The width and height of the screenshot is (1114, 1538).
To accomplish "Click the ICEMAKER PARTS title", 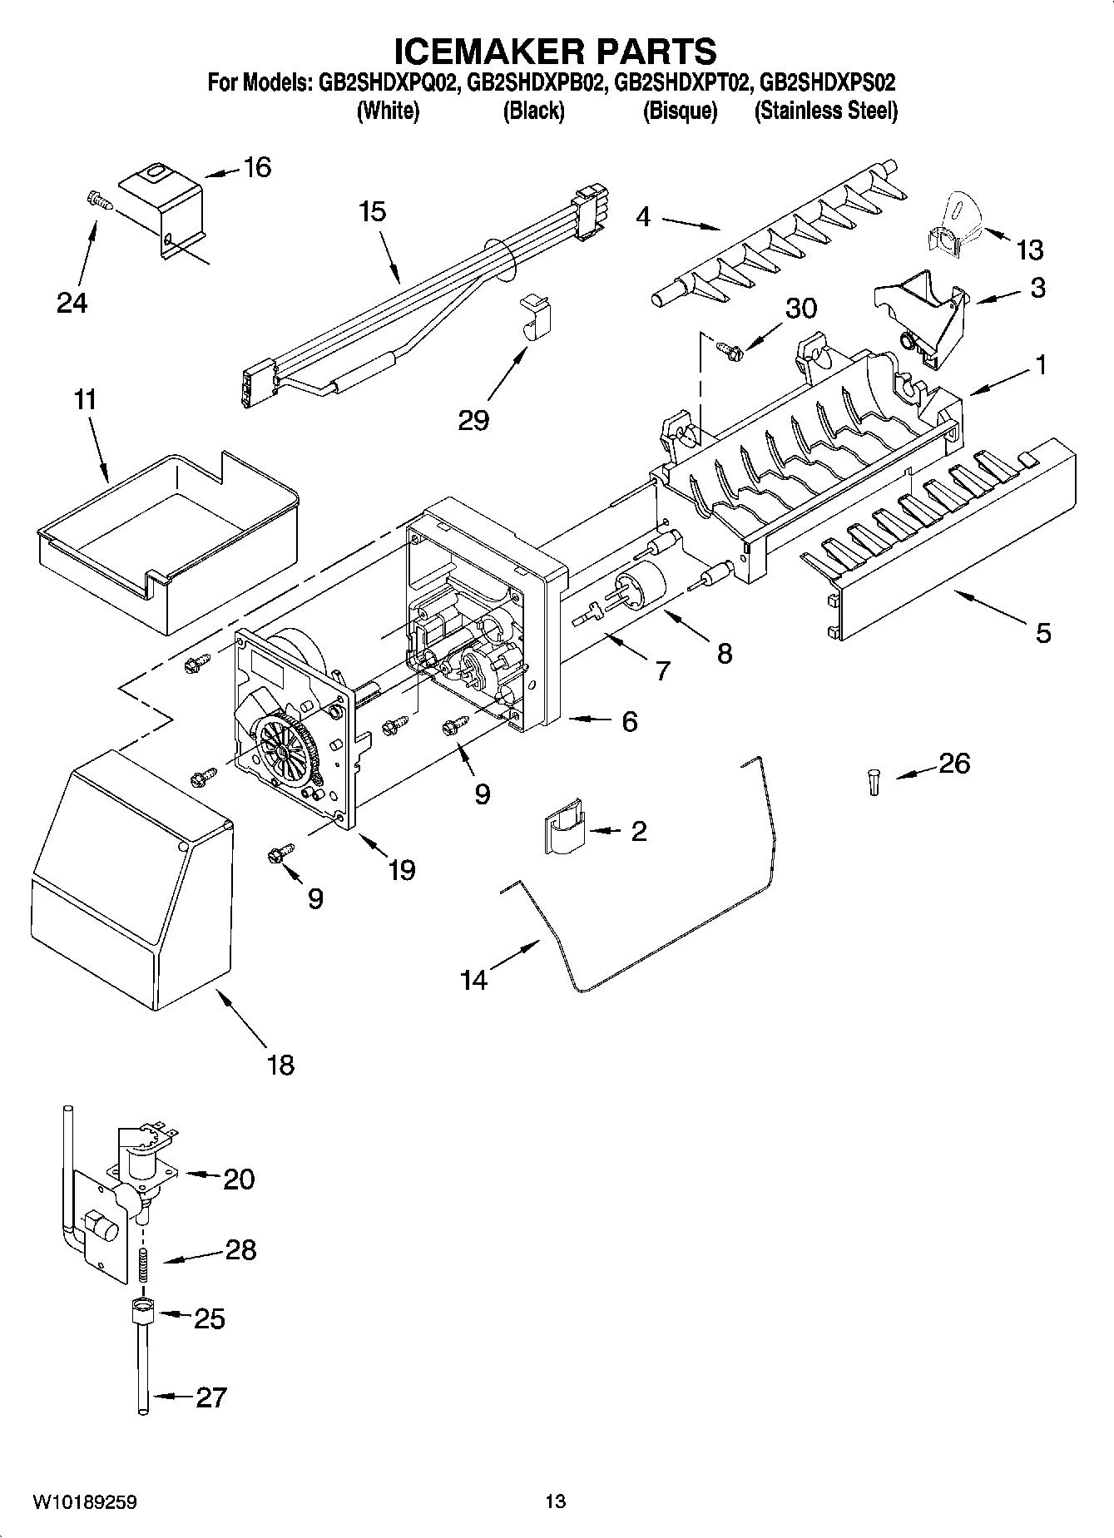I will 555,52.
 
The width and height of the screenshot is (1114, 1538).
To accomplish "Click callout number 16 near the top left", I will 257,167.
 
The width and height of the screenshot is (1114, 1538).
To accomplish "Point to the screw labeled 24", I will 97,199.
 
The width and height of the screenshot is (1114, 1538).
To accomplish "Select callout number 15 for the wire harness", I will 373,212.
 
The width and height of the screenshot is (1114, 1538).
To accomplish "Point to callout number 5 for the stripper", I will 1043,633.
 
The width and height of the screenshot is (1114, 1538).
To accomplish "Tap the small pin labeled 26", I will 873,782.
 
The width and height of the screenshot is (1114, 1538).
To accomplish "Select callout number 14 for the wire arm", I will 473,981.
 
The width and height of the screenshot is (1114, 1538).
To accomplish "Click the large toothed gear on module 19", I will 286,748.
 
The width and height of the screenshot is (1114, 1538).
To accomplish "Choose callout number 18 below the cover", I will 280,1064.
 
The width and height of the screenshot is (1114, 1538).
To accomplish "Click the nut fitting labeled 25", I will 143,1315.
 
